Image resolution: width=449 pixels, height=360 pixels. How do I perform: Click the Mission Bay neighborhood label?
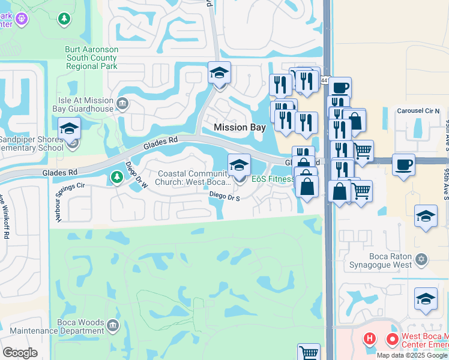240,127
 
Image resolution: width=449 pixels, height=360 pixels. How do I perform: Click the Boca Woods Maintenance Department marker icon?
113,326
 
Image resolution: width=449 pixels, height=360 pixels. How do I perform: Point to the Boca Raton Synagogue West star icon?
421,259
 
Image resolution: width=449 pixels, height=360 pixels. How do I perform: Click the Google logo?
20,352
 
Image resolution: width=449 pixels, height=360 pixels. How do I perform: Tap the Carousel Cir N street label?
418,111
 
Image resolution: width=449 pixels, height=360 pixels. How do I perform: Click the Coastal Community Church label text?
193,178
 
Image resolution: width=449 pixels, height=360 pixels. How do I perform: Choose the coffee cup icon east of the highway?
403,164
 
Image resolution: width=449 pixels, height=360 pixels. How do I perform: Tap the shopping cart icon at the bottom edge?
309,352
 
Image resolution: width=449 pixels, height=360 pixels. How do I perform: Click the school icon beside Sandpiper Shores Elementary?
69,128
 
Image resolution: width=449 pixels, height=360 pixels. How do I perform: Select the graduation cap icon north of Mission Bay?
219,74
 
